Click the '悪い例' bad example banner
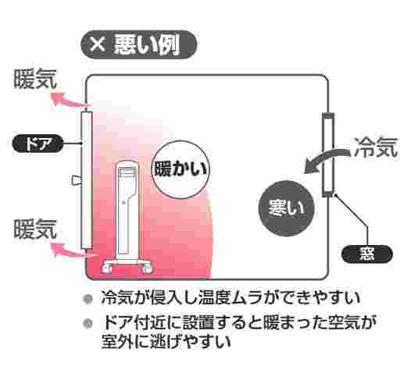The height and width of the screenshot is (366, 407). pyautogui.click(x=139, y=44)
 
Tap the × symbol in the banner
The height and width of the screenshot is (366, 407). pyautogui.click(x=98, y=44)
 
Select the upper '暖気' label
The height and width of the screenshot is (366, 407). pyautogui.click(x=35, y=79)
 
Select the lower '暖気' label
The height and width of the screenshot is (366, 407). pyautogui.click(x=35, y=229)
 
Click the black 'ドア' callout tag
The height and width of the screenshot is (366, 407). pyautogui.click(x=38, y=144)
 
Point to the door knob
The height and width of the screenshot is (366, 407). pyautogui.click(x=76, y=180)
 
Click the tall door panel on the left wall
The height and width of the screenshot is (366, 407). pyautogui.click(x=87, y=180)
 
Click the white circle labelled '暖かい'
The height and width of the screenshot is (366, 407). pyautogui.click(x=180, y=169)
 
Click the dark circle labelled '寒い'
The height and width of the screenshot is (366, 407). pyautogui.click(x=286, y=208)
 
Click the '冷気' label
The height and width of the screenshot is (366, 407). pyautogui.click(x=377, y=147)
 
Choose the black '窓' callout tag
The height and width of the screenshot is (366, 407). pyautogui.click(x=367, y=254)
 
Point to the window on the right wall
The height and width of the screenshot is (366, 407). pyautogui.click(x=328, y=155)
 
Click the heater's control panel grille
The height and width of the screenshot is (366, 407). pyautogui.click(x=127, y=172)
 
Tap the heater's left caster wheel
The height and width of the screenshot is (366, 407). pyautogui.click(x=107, y=268)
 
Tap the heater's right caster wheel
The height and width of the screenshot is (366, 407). pyautogui.click(x=146, y=268)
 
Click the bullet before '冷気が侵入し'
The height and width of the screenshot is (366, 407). pyautogui.click(x=87, y=299)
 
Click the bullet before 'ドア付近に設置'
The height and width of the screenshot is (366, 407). pyautogui.click(x=87, y=324)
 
